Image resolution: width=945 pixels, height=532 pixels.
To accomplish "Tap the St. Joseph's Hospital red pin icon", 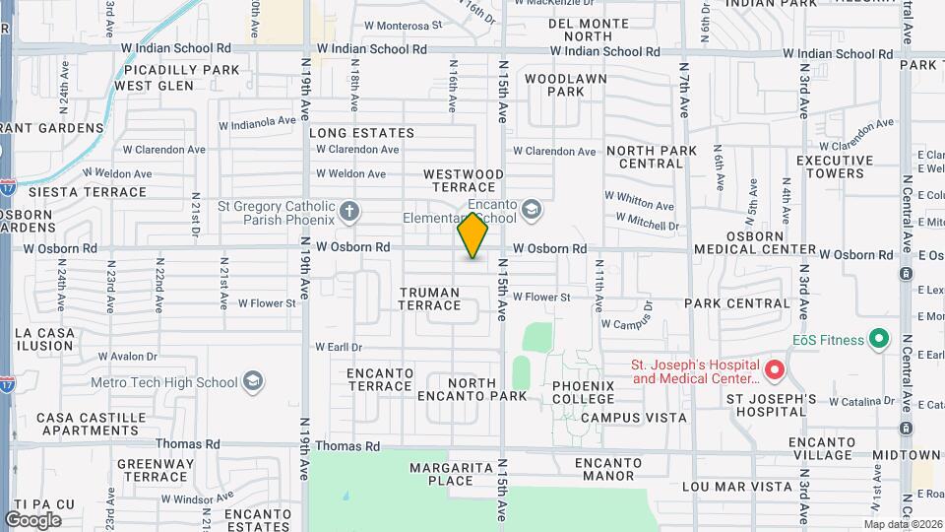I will [x=775, y=370].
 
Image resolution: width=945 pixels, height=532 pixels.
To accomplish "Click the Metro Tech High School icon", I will [x=253, y=382].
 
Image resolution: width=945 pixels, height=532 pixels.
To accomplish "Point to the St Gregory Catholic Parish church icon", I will [x=348, y=211].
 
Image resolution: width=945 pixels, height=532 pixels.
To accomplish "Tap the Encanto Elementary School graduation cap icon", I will [x=532, y=210].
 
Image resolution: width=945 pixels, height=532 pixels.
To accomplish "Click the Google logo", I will [x=32, y=519].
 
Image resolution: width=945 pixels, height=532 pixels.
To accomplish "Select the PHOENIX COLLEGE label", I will [x=584, y=392].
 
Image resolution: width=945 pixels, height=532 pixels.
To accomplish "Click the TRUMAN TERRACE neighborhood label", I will [x=429, y=299].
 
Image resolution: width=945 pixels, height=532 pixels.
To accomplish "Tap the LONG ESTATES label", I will [x=361, y=133].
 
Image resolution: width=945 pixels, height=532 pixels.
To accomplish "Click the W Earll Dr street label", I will [x=339, y=347].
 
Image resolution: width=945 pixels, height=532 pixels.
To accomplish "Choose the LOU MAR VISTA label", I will [x=742, y=487].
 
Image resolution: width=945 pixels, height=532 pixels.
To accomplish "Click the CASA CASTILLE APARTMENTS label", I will [x=89, y=424].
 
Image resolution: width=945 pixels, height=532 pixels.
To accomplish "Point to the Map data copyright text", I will [x=903, y=524].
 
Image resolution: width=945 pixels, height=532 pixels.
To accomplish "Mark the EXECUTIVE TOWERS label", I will [x=835, y=166].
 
